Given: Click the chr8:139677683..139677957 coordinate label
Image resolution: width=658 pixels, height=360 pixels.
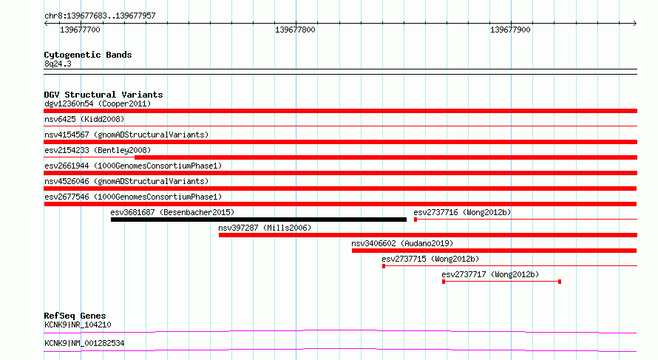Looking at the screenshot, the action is tap(100, 16).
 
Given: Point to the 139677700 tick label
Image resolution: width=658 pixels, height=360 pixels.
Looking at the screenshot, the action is tap(80, 30).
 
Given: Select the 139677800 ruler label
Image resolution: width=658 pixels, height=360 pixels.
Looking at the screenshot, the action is tap(295, 30).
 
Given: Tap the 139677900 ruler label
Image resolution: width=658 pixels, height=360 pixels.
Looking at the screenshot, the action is tap(510, 30).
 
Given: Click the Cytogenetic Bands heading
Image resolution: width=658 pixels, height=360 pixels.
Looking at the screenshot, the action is tap(88, 55).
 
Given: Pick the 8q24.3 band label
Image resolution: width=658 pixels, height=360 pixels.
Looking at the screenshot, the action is tap(58, 64).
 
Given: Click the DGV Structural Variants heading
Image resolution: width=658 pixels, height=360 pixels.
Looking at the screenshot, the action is tap(104, 95).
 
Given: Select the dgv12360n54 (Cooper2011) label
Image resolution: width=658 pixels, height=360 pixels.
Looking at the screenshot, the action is tap(98, 103).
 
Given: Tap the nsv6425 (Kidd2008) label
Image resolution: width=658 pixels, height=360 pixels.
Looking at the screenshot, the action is tap(84, 119).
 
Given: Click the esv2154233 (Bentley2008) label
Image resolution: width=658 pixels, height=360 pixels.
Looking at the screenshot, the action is tap(98, 150).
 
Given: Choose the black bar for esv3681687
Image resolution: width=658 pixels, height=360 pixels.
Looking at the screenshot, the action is tap(259, 220).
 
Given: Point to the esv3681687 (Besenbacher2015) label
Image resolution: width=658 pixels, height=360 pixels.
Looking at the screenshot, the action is tap(172, 212).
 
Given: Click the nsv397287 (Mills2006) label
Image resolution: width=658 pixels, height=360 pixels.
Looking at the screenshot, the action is tap(265, 228).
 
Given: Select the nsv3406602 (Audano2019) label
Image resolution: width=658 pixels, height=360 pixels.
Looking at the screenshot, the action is tap(402, 243).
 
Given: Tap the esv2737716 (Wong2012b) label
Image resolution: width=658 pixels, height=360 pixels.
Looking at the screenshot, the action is tap(462, 212).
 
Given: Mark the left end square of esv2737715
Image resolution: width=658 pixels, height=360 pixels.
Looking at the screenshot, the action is tap(384, 266).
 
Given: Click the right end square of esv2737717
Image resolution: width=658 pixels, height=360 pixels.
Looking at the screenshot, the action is tap(560, 282).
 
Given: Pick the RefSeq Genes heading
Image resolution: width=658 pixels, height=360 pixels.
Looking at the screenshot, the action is tap(75, 316).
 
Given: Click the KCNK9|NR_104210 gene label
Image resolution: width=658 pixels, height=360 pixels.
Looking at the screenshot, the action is tap(78, 325).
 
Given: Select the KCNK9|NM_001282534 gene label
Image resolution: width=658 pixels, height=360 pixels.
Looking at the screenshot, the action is tap(84, 343).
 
